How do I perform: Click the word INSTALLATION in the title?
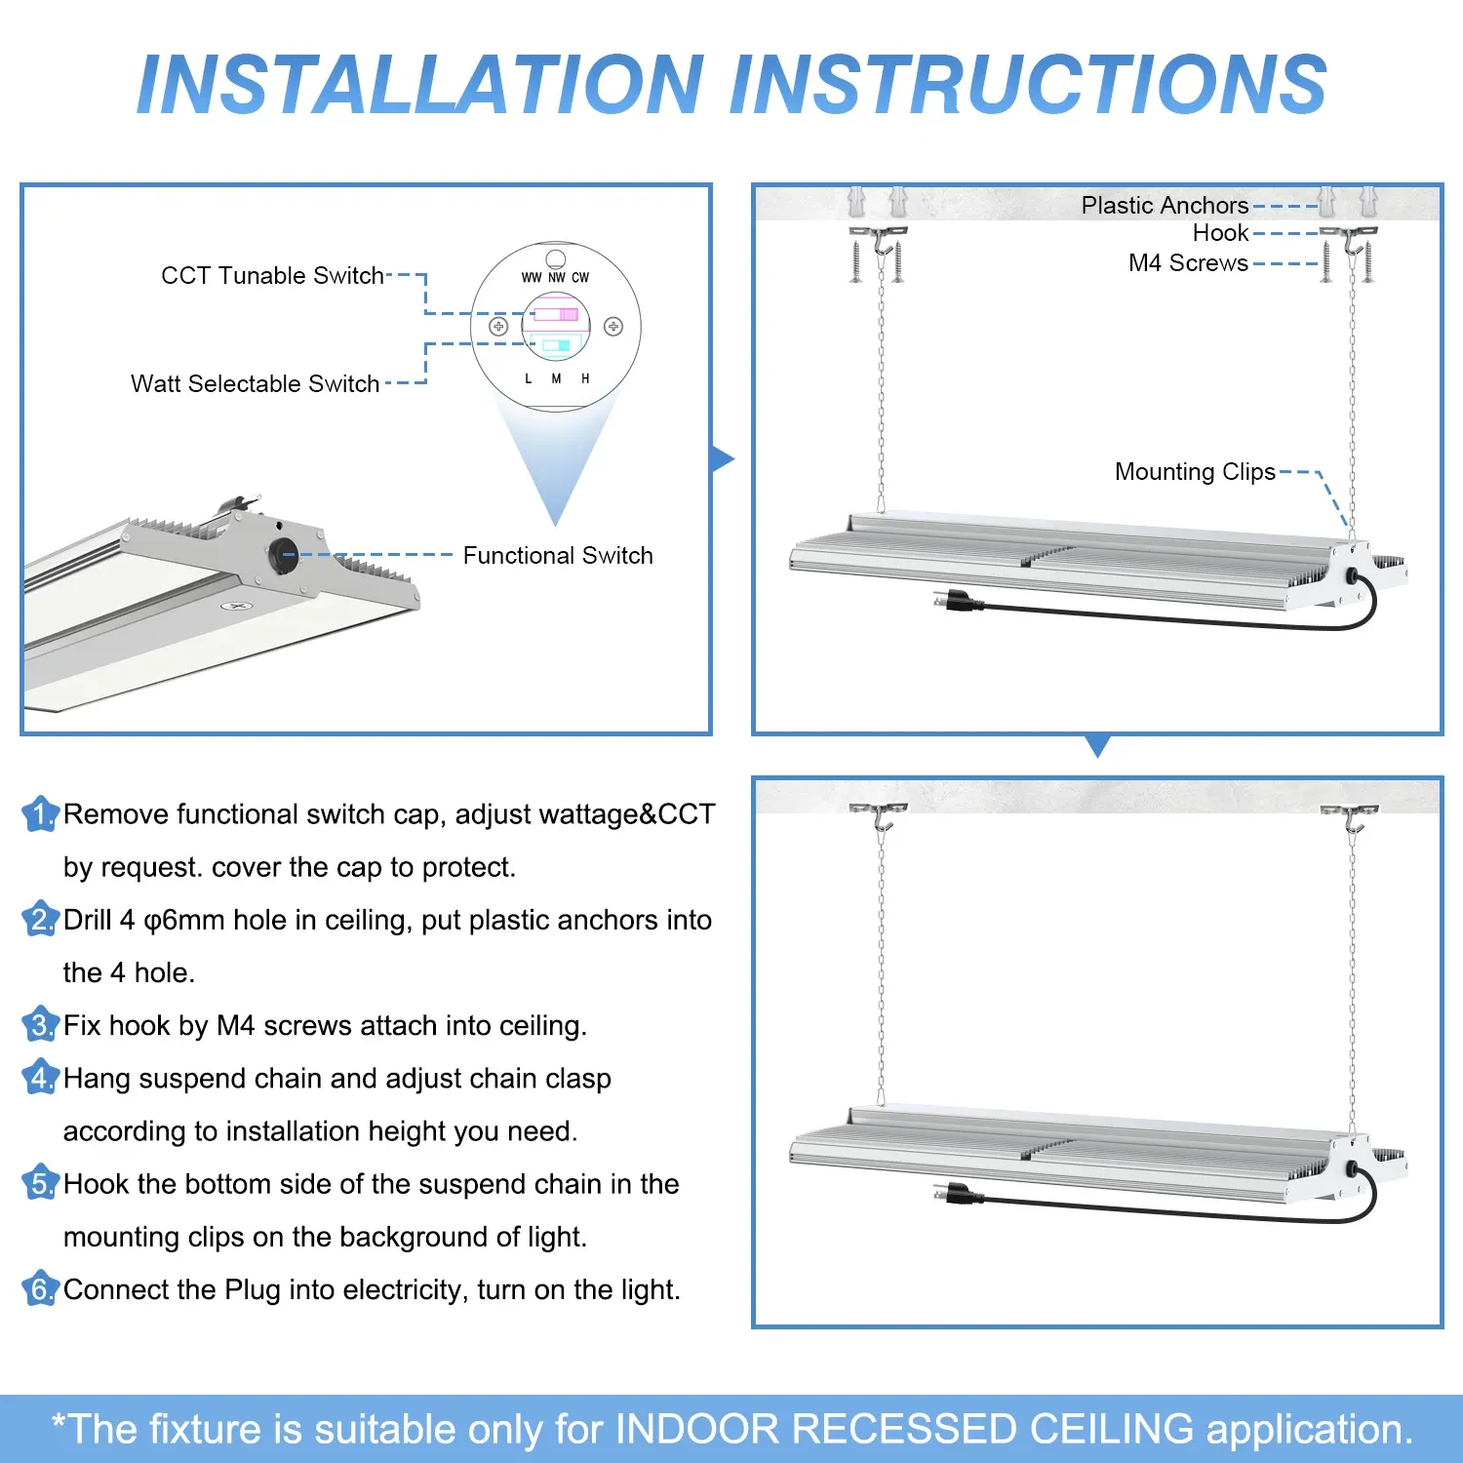coord(420,85)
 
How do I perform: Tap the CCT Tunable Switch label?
coord(272,276)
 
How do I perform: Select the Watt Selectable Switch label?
coord(255,384)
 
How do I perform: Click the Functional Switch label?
coord(557,556)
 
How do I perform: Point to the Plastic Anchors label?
coord(1165,206)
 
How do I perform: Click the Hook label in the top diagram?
coord(1220,233)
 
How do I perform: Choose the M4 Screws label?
coord(1188,263)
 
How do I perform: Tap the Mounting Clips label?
coord(1195,472)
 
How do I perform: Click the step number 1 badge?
coord(40,814)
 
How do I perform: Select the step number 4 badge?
coord(40,1079)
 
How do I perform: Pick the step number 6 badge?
coord(40,1289)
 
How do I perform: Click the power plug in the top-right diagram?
coord(952,601)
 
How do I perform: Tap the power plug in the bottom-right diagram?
coord(952,1193)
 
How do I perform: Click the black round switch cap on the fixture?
coord(284,555)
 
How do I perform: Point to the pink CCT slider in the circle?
coord(556,314)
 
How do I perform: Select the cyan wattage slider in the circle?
coord(556,345)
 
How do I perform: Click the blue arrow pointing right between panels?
coord(723,459)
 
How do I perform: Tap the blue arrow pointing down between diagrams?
coord(1097,746)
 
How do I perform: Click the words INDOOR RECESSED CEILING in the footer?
coord(904,1430)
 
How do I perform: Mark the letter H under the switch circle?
coord(585,378)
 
